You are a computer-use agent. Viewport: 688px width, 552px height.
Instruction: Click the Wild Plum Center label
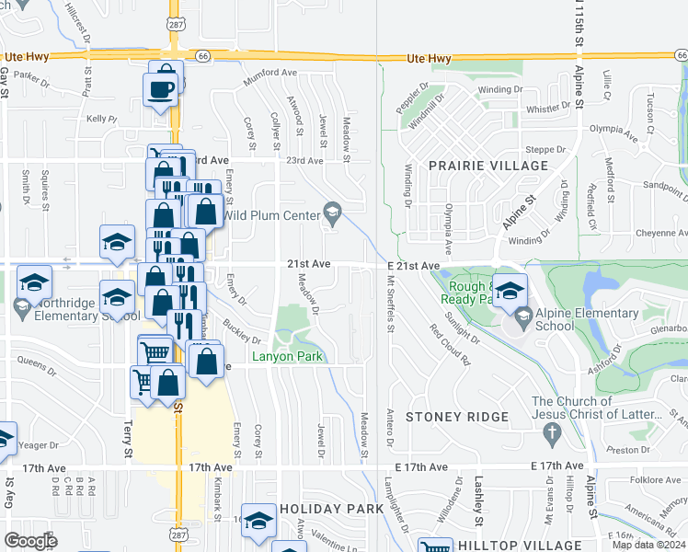tap(270, 216)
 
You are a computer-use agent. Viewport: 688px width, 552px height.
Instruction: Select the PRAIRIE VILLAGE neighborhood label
tap(488, 166)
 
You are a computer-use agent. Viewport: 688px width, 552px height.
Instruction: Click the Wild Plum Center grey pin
tap(331, 215)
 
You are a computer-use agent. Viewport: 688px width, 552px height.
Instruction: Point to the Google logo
tap(30, 540)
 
